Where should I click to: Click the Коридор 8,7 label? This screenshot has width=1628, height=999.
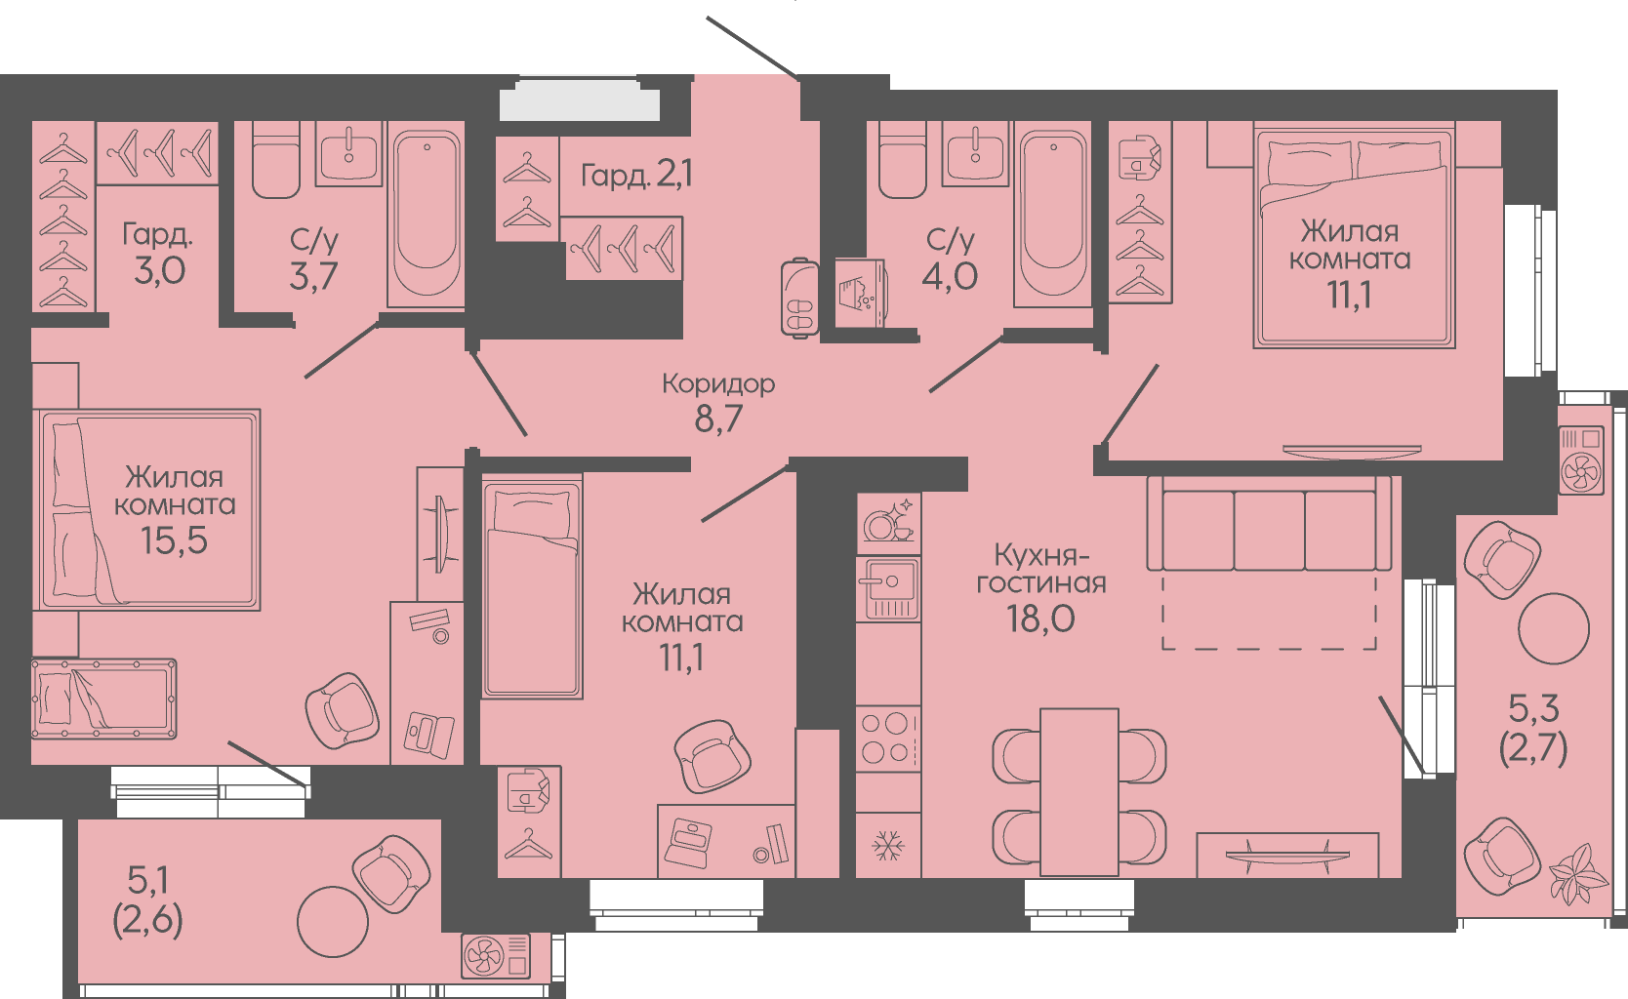tap(718, 403)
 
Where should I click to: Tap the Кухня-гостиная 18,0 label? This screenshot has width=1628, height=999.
tap(1040, 588)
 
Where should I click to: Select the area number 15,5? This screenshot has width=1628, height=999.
tap(174, 539)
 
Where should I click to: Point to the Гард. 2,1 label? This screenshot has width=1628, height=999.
tap(636, 175)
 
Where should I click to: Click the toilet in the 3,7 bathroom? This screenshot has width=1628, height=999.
tap(276, 160)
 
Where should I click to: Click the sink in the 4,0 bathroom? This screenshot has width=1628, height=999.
tap(975, 153)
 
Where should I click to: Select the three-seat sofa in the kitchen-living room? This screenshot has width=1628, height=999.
tap(1269, 524)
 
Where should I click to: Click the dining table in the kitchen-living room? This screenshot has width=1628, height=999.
tap(1079, 792)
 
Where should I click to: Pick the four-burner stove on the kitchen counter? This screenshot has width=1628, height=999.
tap(887, 739)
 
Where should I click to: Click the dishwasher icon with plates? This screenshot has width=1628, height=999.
tap(888, 519)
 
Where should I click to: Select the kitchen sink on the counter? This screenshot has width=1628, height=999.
tap(888, 588)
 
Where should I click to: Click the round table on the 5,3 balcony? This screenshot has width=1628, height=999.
tap(1554, 628)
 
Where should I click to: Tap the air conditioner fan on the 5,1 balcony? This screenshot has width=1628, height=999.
tap(484, 955)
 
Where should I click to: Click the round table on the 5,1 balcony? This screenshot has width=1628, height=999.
tap(333, 922)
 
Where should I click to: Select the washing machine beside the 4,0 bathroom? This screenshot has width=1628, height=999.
tap(860, 293)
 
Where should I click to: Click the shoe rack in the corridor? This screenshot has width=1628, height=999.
tap(799, 298)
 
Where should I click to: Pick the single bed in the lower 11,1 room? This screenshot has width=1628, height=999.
tap(532, 587)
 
